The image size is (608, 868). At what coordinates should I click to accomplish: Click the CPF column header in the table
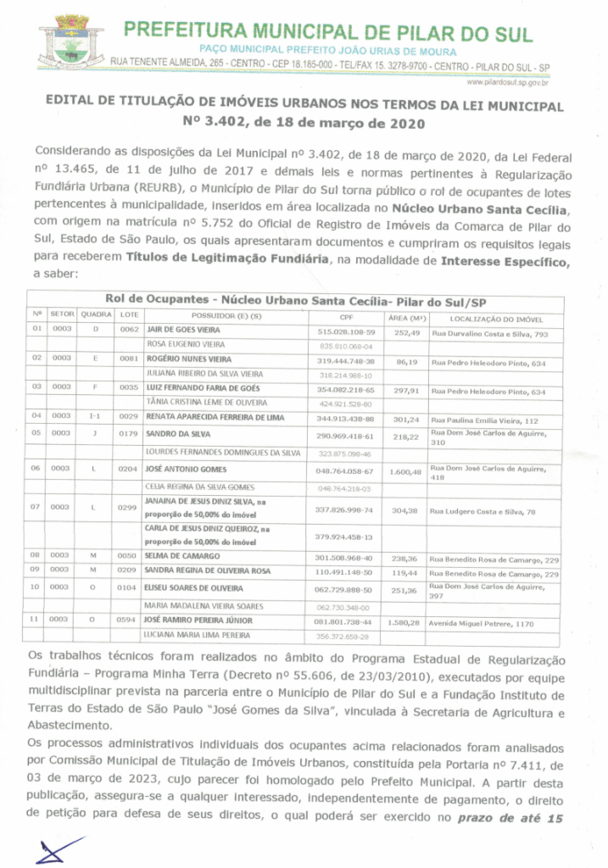(345, 317)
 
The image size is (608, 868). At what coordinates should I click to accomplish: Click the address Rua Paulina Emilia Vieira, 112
(485, 420)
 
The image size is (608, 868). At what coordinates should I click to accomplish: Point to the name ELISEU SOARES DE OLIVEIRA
(194, 587)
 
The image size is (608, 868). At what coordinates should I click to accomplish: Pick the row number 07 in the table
(36, 507)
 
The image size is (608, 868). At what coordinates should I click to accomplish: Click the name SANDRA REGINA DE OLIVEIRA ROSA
(207, 573)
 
